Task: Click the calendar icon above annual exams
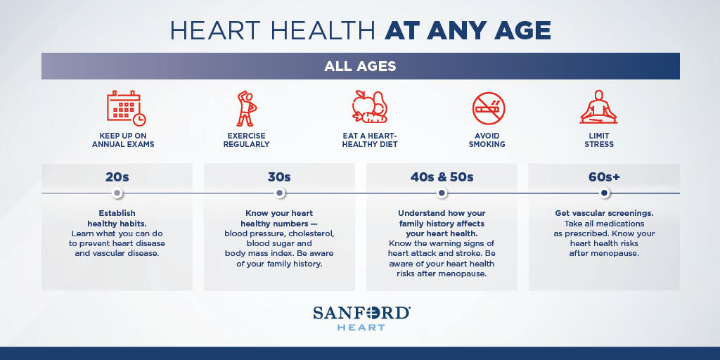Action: pyautogui.click(x=126, y=108)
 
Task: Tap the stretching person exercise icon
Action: pyautogui.click(x=246, y=108)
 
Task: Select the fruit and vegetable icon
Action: pyautogui.click(x=370, y=107)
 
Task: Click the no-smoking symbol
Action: pyautogui.click(x=489, y=108)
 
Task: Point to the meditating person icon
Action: pyautogui.click(x=599, y=107)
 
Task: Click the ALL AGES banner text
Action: pyautogui.click(x=360, y=66)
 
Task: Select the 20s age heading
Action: pyautogui.click(x=117, y=176)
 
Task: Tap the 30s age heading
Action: pyautogui.click(x=279, y=176)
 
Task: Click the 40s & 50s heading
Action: pyautogui.click(x=442, y=176)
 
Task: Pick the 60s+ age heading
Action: pyautogui.click(x=604, y=176)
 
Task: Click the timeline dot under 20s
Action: pyautogui.click(x=117, y=193)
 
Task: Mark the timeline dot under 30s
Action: pyautogui.click(x=280, y=193)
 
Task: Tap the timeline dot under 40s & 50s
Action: pyautogui.click(x=442, y=193)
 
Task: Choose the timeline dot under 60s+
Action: pyautogui.click(x=604, y=193)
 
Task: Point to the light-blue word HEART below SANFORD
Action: pyautogui.click(x=361, y=328)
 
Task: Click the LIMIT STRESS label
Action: pyautogui.click(x=599, y=140)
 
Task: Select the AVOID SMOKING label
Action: pyautogui.click(x=489, y=140)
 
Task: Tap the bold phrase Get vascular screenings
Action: pyautogui.click(x=604, y=214)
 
